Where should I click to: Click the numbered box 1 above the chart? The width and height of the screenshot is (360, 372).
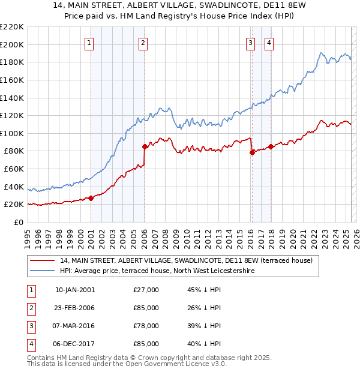click(89, 43)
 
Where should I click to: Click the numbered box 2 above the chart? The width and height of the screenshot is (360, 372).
click(143, 43)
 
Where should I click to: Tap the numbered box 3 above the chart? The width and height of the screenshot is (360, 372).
click(250, 43)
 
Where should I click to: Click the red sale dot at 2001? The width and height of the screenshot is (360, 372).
click(91, 198)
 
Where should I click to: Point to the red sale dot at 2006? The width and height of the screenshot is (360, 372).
click(145, 146)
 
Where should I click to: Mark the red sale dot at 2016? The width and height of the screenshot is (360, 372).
click(251, 152)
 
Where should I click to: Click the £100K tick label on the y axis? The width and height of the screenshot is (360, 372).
click(12, 133)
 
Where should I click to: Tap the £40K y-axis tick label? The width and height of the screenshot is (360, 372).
click(14, 187)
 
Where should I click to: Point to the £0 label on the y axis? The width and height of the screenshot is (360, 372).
click(19, 222)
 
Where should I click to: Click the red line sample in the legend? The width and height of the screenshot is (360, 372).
click(43, 261)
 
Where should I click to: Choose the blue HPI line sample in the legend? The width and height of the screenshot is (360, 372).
click(43, 271)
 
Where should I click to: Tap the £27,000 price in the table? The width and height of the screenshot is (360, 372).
click(146, 290)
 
